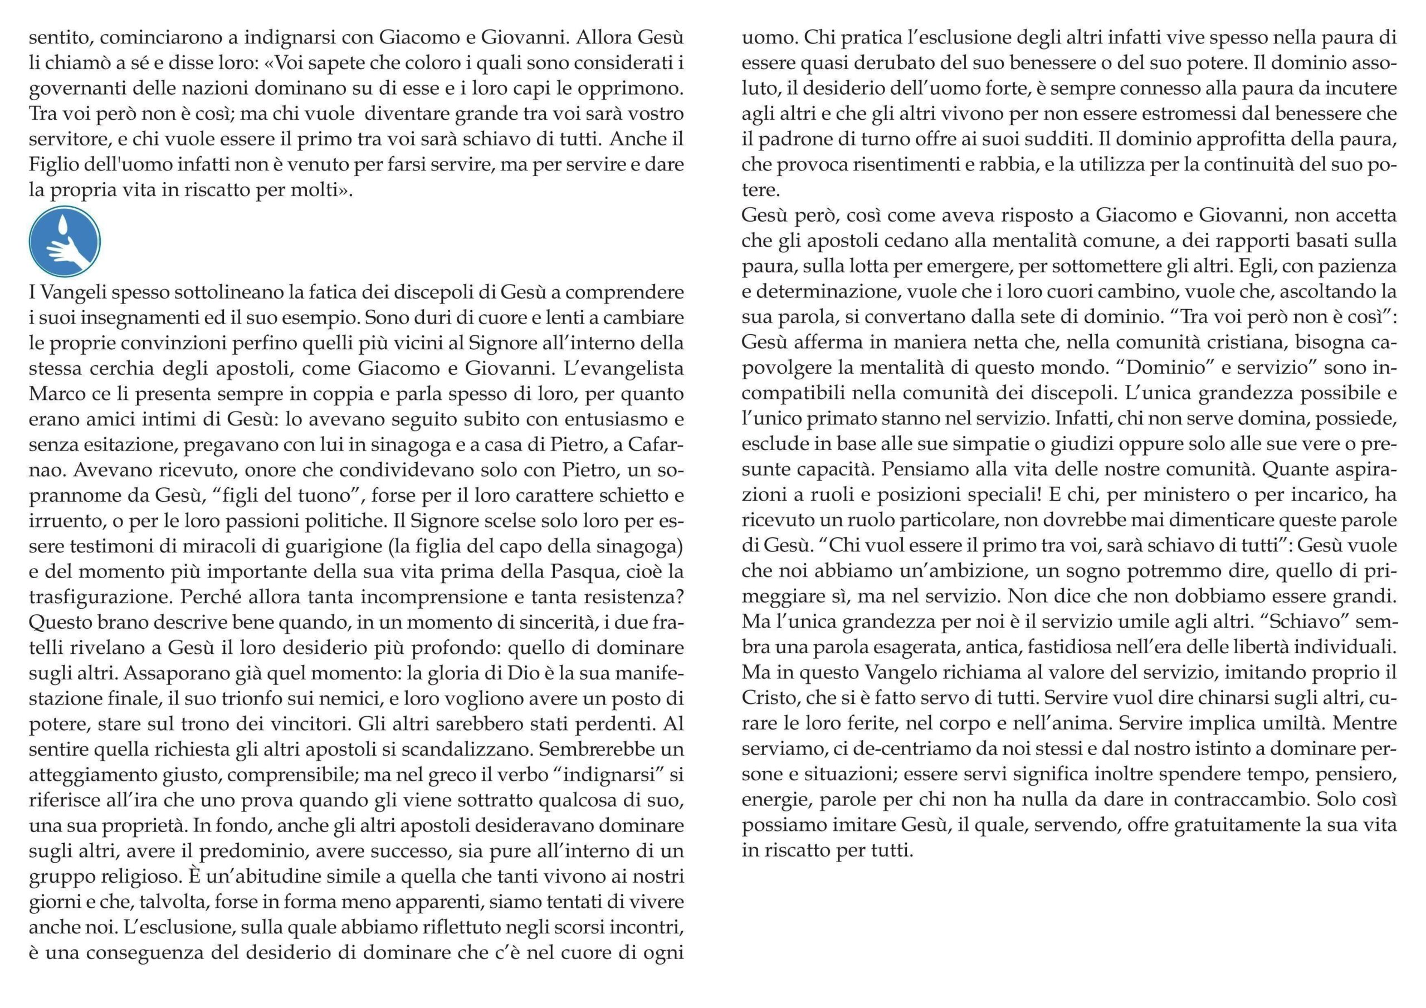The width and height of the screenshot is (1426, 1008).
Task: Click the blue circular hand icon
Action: [65, 242]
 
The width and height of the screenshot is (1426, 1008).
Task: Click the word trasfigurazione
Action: [100, 597]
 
